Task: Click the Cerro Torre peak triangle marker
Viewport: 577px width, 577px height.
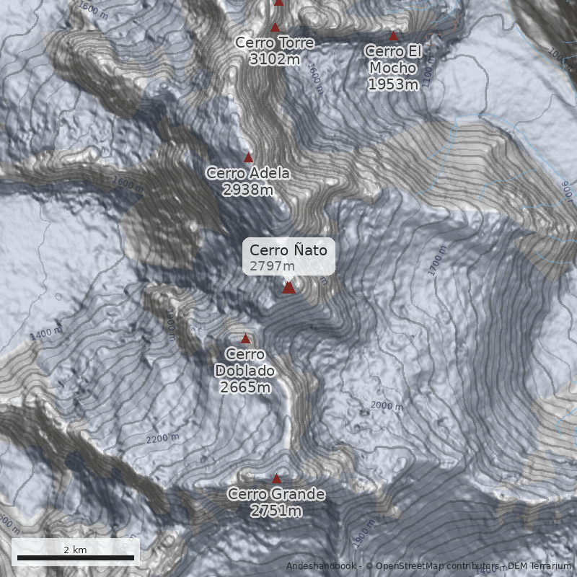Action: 275,27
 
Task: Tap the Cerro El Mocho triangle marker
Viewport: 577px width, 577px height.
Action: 394,35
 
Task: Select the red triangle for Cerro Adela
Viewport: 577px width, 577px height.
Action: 249,157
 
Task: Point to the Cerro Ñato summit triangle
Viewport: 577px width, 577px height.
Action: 288,288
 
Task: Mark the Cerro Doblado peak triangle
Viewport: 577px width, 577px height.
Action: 245,338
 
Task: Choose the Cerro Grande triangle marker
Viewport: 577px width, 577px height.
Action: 276,478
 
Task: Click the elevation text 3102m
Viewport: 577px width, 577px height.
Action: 274,59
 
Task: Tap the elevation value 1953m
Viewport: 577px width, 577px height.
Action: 393,84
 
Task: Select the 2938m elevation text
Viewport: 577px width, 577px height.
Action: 248,190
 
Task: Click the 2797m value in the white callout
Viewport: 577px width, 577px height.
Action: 268,266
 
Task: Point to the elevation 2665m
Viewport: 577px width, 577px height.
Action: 245,387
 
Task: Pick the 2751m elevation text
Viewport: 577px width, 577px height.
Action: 276,511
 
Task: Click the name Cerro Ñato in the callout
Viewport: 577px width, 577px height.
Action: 288,250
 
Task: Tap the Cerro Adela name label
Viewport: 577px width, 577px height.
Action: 248,173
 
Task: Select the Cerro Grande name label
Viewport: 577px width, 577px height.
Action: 276,495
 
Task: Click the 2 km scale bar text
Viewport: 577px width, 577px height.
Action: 75,550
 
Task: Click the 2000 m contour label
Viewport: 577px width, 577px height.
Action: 387,406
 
